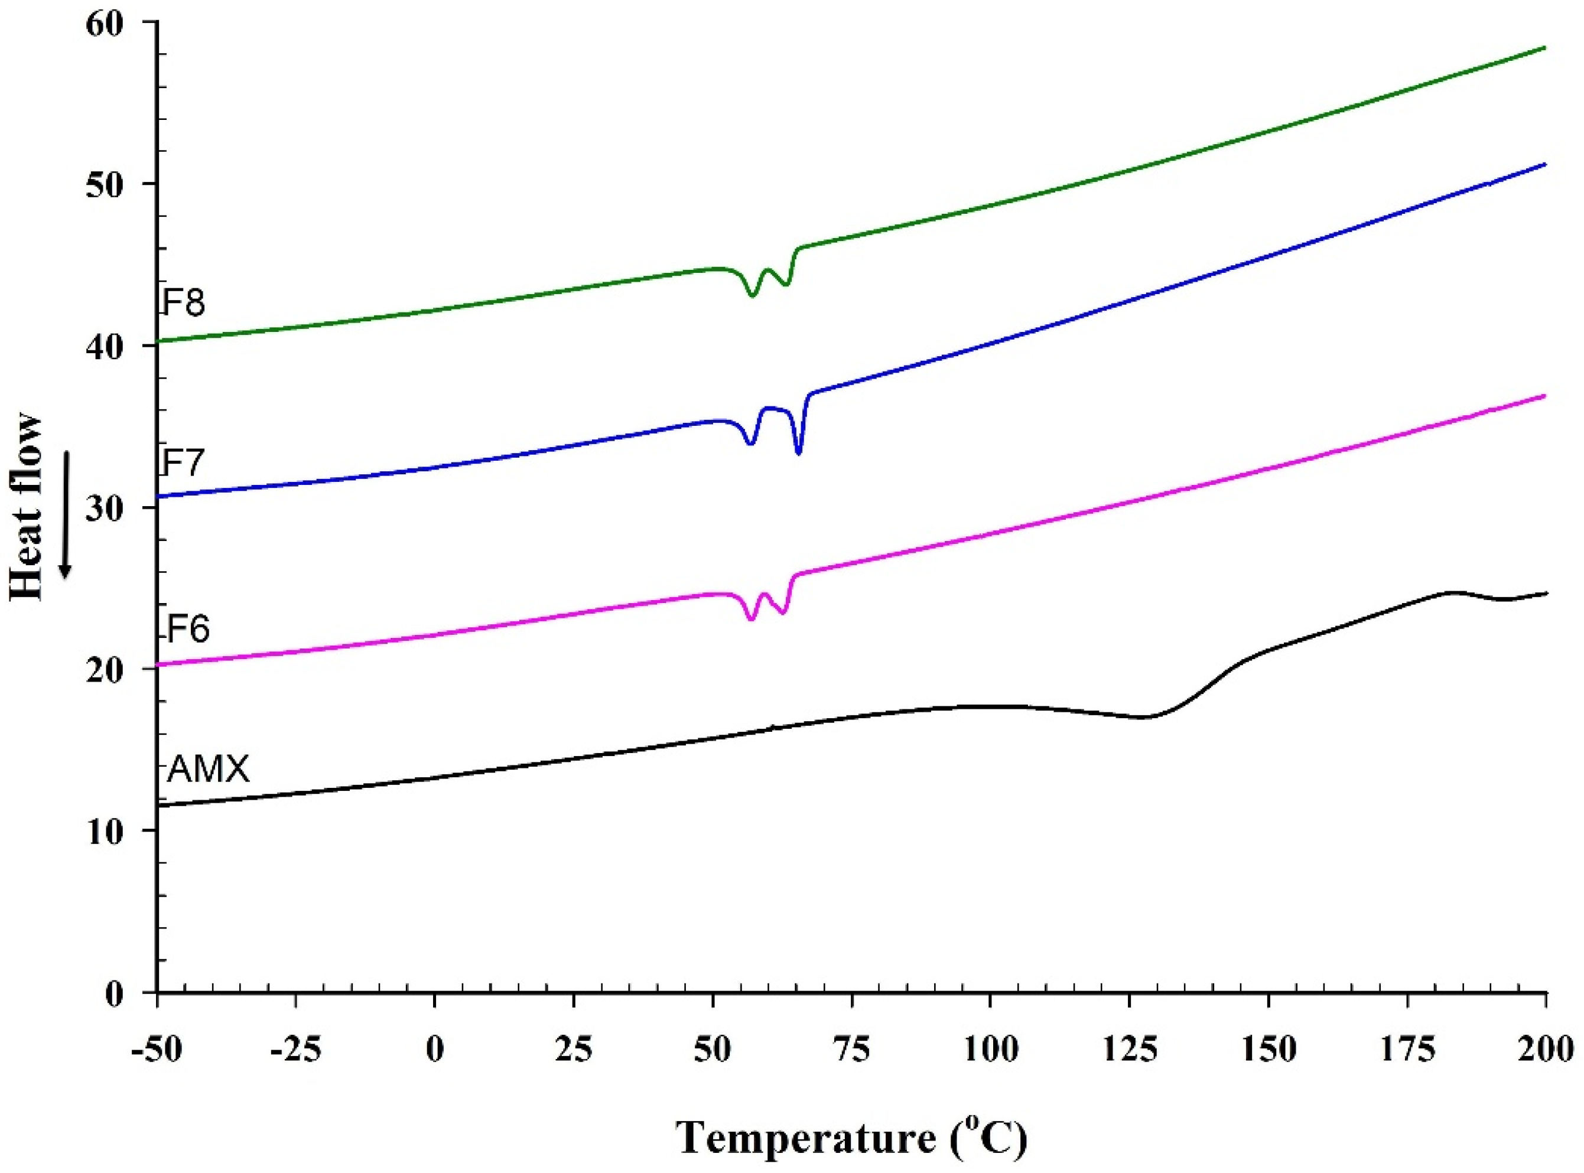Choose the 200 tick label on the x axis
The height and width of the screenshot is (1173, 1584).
coord(1545,1050)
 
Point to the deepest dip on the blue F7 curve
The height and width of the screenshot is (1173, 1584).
coord(799,453)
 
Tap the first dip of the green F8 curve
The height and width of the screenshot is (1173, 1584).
coord(752,295)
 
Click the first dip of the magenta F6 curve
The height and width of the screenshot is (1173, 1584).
coord(751,619)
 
